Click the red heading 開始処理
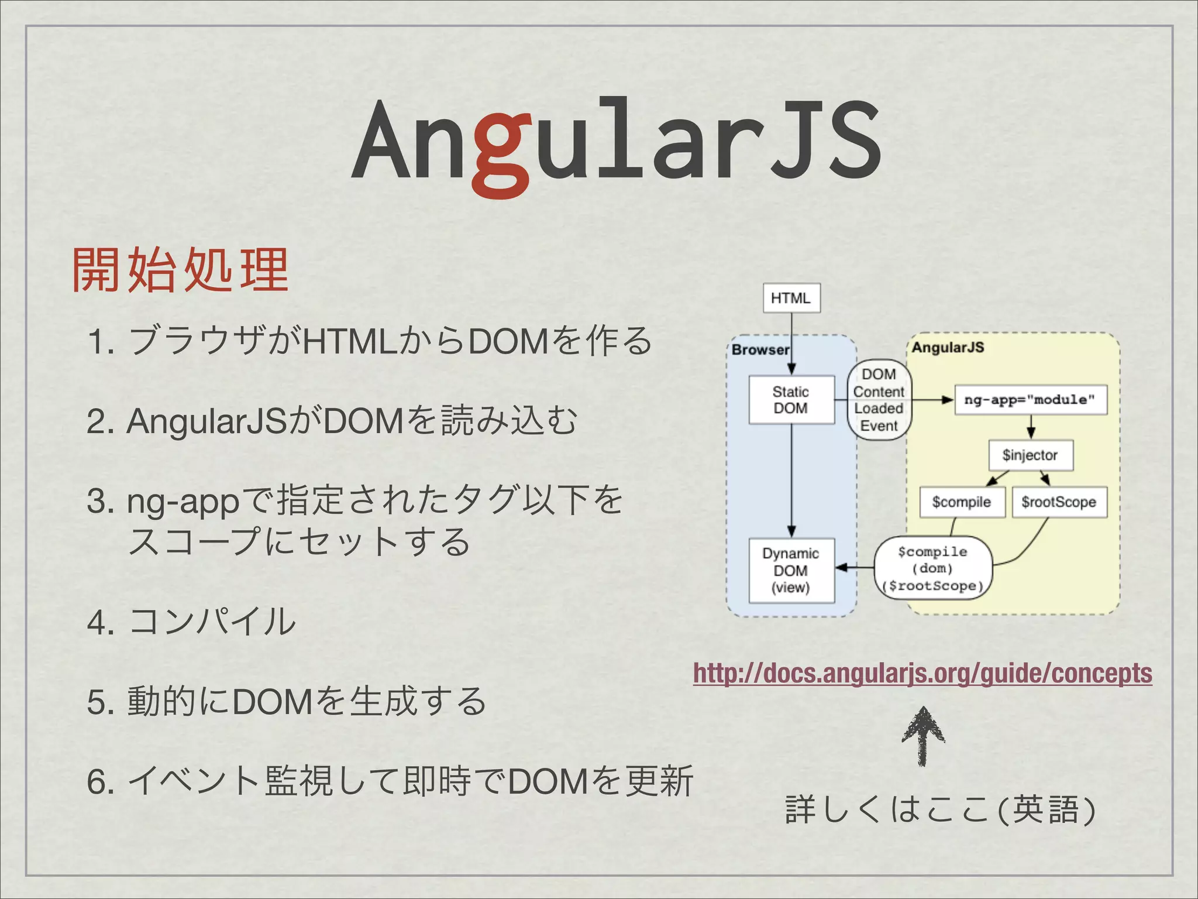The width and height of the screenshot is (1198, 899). (x=180, y=270)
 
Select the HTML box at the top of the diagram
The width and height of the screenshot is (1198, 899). (x=791, y=298)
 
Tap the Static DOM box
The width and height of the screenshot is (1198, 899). (x=791, y=400)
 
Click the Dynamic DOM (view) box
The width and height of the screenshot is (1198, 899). (x=791, y=570)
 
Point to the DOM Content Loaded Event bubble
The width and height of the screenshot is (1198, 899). (x=879, y=400)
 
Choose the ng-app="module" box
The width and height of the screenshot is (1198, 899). (x=1030, y=400)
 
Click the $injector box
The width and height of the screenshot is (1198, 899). (x=1030, y=455)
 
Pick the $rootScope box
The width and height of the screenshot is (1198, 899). (x=1059, y=502)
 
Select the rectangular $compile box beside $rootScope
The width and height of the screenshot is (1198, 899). (x=962, y=502)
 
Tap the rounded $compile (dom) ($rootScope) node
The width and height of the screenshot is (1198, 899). (x=933, y=568)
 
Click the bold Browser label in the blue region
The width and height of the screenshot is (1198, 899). (x=760, y=349)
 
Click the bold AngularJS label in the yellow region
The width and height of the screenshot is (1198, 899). (x=948, y=347)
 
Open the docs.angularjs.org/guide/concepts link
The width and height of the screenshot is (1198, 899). (x=922, y=673)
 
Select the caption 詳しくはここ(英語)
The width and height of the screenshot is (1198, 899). (x=939, y=810)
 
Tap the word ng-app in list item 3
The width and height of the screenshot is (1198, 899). (x=183, y=502)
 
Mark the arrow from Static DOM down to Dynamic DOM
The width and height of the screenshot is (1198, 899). (x=791, y=480)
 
